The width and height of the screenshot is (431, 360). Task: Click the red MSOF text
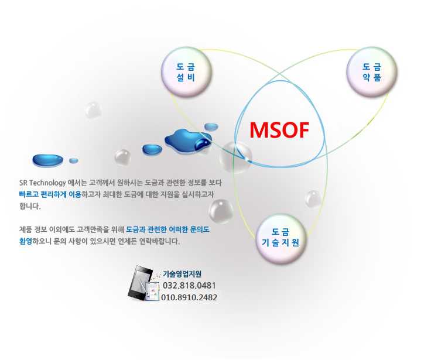pyautogui.click(x=279, y=130)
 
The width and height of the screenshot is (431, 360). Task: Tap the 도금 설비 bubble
pyautogui.click(x=186, y=72)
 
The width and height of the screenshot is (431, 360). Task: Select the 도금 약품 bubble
pyautogui.click(x=372, y=72)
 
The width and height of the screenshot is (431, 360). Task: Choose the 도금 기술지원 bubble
pyautogui.click(x=281, y=238)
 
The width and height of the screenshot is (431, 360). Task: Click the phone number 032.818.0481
pyautogui.click(x=189, y=285)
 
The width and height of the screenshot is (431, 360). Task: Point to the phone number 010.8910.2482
pyautogui.click(x=189, y=297)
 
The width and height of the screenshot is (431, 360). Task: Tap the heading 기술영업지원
pyautogui.click(x=182, y=274)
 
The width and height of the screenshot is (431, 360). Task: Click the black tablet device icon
pyautogui.click(x=139, y=283)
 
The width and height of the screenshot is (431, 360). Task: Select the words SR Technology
pyautogui.click(x=43, y=183)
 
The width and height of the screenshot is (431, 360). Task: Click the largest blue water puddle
pyautogui.click(x=188, y=140)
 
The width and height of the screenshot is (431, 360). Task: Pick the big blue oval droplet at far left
pyautogui.click(x=48, y=160)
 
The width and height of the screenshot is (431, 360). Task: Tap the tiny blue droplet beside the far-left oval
pyautogui.click(x=73, y=160)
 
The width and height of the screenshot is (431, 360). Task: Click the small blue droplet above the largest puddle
pyautogui.click(x=211, y=126)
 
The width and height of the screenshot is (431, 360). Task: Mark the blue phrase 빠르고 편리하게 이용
pyautogui.click(x=50, y=194)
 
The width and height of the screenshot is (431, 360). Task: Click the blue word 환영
pyautogui.click(x=26, y=241)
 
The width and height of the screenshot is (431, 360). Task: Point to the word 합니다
pyautogui.click(x=30, y=206)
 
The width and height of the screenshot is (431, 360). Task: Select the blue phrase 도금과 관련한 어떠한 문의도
pyautogui.click(x=167, y=229)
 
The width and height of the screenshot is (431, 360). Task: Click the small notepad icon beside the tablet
pyautogui.click(x=152, y=291)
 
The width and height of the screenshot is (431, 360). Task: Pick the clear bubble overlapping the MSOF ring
pyautogui.click(x=235, y=157)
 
